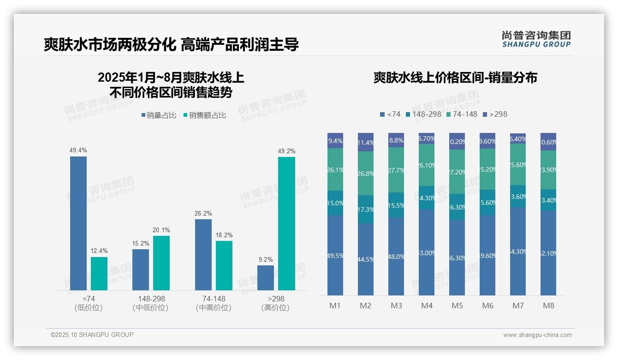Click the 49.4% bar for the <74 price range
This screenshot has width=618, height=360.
(x=78, y=223)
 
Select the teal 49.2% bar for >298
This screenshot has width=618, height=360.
(x=286, y=223)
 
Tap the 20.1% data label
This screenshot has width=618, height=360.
(x=161, y=230)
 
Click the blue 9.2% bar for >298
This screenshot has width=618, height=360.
(x=265, y=278)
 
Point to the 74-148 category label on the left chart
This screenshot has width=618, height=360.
(x=214, y=299)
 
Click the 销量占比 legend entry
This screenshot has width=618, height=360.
(x=159, y=115)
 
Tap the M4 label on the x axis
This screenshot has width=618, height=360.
(x=427, y=306)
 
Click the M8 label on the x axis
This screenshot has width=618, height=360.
(x=548, y=306)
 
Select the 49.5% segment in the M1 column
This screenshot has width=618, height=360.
(x=335, y=255)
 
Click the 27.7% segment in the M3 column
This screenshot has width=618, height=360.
(x=396, y=170)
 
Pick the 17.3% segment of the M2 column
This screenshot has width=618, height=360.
(x=366, y=209)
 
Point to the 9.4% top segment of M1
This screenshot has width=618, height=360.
(x=335, y=141)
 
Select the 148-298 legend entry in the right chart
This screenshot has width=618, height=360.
(x=423, y=114)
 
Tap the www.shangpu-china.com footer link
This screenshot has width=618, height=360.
(x=537, y=335)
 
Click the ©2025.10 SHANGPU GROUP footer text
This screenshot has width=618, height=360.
(x=92, y=335)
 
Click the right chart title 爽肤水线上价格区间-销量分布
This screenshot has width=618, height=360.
(x=455, y=78)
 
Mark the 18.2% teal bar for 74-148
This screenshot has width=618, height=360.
(x=224, y=265)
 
